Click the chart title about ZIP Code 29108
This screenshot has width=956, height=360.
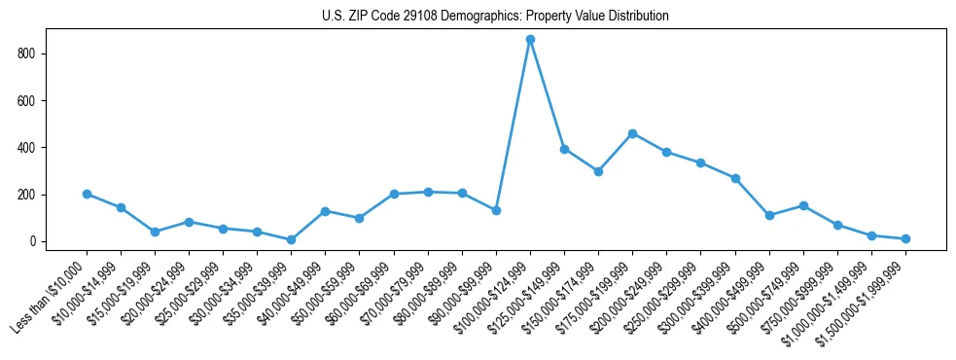point(495,16)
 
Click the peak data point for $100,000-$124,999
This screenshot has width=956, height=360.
point(530,39)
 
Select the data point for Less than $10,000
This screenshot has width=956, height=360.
point(87,194)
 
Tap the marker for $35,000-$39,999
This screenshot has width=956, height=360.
point(291,239)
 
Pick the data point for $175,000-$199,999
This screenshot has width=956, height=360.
point(632,133)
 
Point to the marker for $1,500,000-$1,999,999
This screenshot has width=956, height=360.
point(905,238)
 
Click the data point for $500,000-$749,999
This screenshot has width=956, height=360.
point(803,205)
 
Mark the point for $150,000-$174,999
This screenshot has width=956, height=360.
point(598,171)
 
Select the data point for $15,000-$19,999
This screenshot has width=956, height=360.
point(155,232)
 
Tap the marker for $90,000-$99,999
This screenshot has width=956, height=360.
point(496,210)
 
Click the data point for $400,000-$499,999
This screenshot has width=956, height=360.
point(769,215)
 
